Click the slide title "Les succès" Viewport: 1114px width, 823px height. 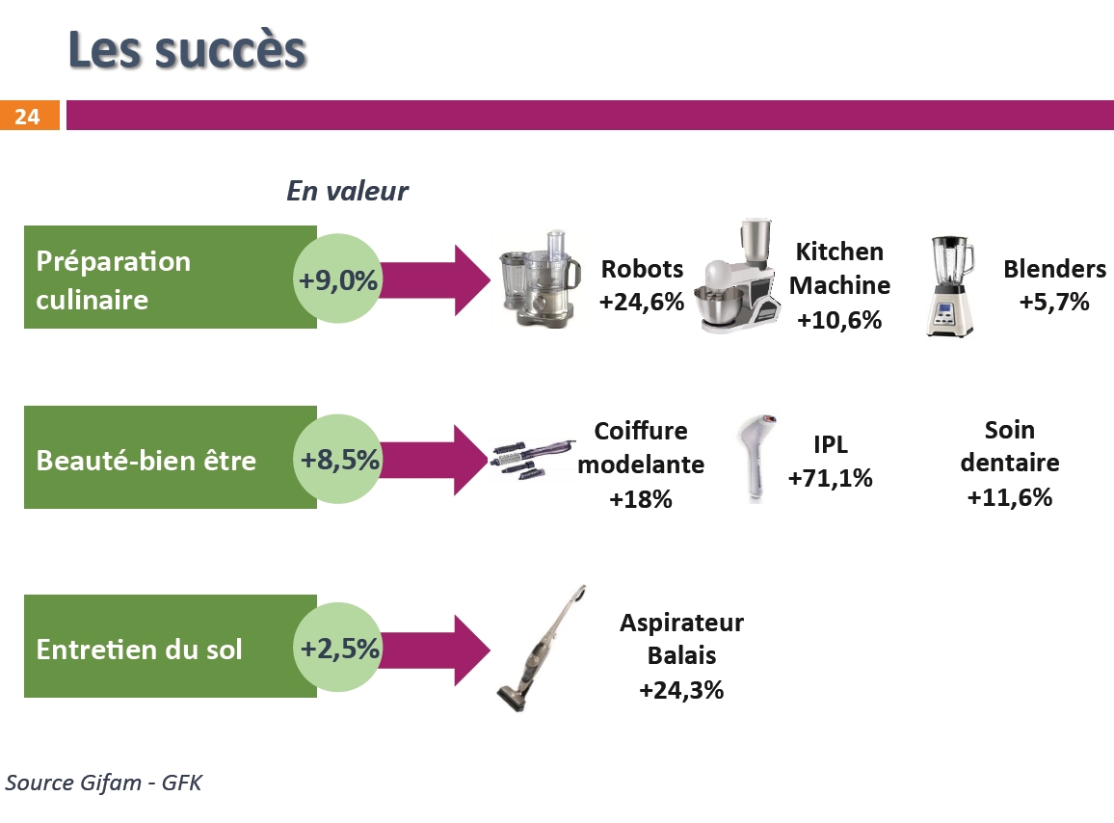pyautogui.click(x=187, y=50)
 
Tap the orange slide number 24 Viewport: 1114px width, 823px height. pyautogui.click(x=29, y=116)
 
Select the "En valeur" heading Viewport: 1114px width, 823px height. pyautogui.click(x=348, y=191)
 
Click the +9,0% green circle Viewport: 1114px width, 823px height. pyautogui.click(x=338, y=279)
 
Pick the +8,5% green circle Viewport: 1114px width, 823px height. pyautogui.click(x=338, y=459)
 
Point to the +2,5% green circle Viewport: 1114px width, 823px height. pyautogui.click(x=338, y=648)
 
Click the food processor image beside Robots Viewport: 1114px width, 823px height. pyautogui.click(x=540, y=279)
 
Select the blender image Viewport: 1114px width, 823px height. pyautogui.click(x=950, y=286)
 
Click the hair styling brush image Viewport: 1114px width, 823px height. pyautogui.click(x=532, y=459)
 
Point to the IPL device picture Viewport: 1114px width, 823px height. pyautogui.click(x=756, y=457)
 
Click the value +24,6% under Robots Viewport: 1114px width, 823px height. pyautogui.click(x=642, y=302)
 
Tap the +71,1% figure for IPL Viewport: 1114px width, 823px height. pyautogui.click(x=830, y=478)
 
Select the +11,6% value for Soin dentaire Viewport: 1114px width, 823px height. pyautogui.click(x=1010, y=496)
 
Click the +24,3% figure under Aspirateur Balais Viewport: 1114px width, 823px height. pyautogui.click(x=681, y=689)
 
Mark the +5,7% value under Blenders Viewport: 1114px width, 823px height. pyautogui.click(x=1054, y=302)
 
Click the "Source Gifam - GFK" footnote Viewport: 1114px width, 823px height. pyautogui.click(x=104, y=783)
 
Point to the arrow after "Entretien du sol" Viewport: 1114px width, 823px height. pyautogui.click(x=436, y=650)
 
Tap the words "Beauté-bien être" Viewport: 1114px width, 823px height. pyautogui.click(x=146, y=461)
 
